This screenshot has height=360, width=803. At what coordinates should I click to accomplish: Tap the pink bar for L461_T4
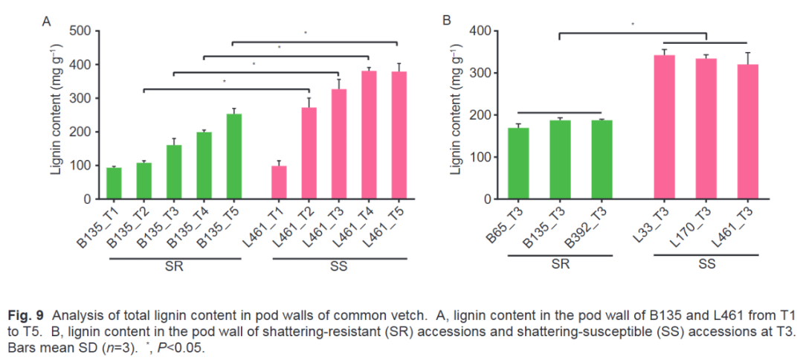pyautogui.click(x=369, y=135)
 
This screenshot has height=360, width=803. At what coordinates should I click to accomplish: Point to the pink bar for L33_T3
pyautogui.click(x=663, y=127)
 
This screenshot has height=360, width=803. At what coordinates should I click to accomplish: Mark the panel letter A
pyautogui.click(x=46, y=22)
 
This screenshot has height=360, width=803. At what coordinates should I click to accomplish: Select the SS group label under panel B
pyautogui.click(x=706, y=263)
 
